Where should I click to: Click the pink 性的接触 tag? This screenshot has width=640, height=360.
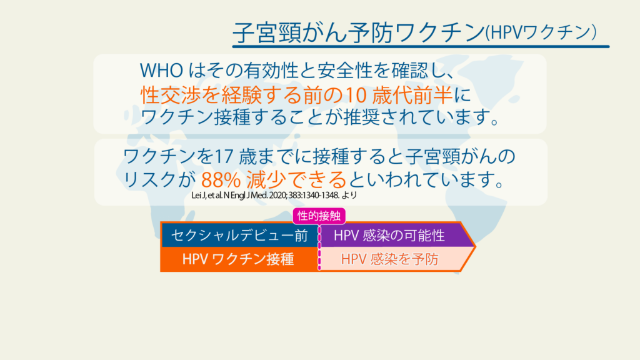tap(319, 216)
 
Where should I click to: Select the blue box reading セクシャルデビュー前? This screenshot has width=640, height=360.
tap(239, 236)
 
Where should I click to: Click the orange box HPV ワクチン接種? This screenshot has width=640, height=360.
tap(239, 259)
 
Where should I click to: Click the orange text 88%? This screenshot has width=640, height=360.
tap(221, 179)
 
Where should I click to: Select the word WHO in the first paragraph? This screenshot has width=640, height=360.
tap(161, 71)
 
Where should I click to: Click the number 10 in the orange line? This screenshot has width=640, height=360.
tap(356, 95)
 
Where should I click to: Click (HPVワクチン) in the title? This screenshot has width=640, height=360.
tap(541, 32)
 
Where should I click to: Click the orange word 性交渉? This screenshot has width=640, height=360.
tap(171, 95)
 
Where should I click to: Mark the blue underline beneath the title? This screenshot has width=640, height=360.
tap(421, 46)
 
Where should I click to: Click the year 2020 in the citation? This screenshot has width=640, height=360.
tap(277, 195)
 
